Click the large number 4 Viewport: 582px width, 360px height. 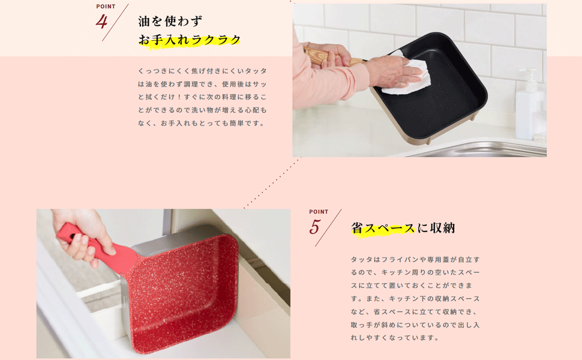[101, 22]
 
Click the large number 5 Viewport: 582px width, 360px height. [316, 227]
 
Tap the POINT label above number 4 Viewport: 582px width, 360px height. [106, 7]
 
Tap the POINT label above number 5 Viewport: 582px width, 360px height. [319, 212]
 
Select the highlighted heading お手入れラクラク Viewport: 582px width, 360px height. [190, 40]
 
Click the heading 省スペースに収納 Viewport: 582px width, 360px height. [403, 228]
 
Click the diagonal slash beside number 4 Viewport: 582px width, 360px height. [115, 23]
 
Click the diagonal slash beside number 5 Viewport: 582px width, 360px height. [328, 228]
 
